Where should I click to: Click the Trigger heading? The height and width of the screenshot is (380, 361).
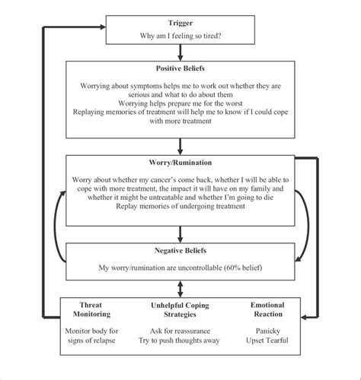pos(180,23)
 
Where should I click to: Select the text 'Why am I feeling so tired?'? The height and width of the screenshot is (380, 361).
pos(180,36)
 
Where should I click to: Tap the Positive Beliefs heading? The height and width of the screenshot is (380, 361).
pos(180,68)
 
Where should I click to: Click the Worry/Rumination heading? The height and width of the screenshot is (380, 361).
pos(180,163)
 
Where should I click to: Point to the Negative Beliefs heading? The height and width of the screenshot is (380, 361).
pos(180,251)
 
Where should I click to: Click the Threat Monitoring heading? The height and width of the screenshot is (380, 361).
pos(91,309)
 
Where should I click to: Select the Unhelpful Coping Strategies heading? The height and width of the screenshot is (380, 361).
pos(180,310)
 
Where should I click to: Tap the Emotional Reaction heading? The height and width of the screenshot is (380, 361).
pos(267,309)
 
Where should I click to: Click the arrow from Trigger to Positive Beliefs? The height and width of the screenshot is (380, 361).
pos(180,52)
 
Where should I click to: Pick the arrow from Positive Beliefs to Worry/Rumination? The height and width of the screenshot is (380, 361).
pos(180,147)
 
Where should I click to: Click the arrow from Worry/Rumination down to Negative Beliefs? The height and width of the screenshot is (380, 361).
pos(180,234)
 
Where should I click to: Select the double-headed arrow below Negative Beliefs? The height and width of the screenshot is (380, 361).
pos(180,289)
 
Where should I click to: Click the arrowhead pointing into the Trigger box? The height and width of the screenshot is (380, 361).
pos(103,27)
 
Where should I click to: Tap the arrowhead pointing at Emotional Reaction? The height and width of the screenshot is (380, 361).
pos(304,317)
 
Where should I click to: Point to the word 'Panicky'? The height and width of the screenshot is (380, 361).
pos(268,331)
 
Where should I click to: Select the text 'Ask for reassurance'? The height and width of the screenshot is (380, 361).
pos(180,331)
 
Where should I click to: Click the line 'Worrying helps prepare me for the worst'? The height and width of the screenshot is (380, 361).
pos(180,103)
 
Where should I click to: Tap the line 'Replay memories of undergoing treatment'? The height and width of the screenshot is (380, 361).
pos(180,206)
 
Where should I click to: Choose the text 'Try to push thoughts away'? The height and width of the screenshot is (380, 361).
pos(179,340)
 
